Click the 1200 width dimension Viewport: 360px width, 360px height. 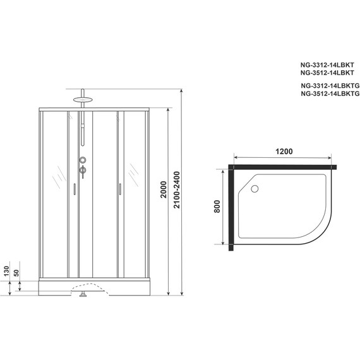pos(284,153)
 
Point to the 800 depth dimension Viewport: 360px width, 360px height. pos(217,207)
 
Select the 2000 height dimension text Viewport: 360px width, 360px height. pos(164,202)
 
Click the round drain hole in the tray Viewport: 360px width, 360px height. pos(255,188)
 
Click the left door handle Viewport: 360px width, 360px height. pos(75,188)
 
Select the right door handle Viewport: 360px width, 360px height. pos(117,188)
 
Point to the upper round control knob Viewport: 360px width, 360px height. pos(81,160)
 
